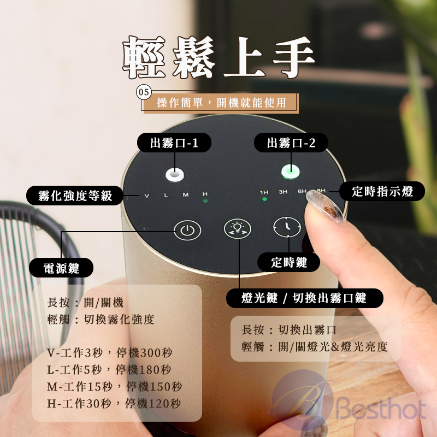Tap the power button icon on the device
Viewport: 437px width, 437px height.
point(187,230)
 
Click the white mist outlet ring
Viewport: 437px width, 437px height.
point(174,175)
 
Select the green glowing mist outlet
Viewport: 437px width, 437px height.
point(291,172)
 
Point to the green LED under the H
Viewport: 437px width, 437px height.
point(205,200)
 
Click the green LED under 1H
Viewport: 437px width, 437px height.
point(265,199)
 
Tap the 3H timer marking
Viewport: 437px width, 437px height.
point(283,192)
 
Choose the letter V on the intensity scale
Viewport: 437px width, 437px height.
point(146,196)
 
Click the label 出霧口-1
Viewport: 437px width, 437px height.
point(174,143)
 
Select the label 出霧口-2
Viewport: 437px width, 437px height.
point(291,143)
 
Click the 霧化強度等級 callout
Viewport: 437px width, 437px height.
point(75,196)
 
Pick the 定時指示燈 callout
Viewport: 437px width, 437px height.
point(382,192)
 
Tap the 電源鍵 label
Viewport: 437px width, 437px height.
point(61,268)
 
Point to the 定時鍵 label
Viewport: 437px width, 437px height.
point(289,262)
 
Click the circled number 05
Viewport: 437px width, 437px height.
point(144,92)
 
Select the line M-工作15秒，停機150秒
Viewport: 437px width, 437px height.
point(114,386)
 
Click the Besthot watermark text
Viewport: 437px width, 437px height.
point(382,408)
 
